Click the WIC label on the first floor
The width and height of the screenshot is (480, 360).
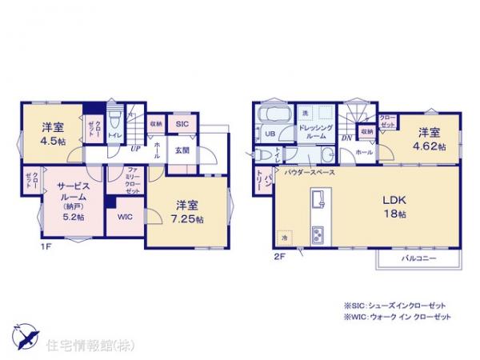click(125, 217)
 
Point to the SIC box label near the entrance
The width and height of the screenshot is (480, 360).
click(182, 124)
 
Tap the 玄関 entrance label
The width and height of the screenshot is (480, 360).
click(182, 150)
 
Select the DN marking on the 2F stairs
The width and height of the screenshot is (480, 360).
click(346, 138)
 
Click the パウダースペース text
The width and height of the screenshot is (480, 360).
click(309, 172)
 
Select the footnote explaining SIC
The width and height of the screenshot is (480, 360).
click(395, 306)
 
